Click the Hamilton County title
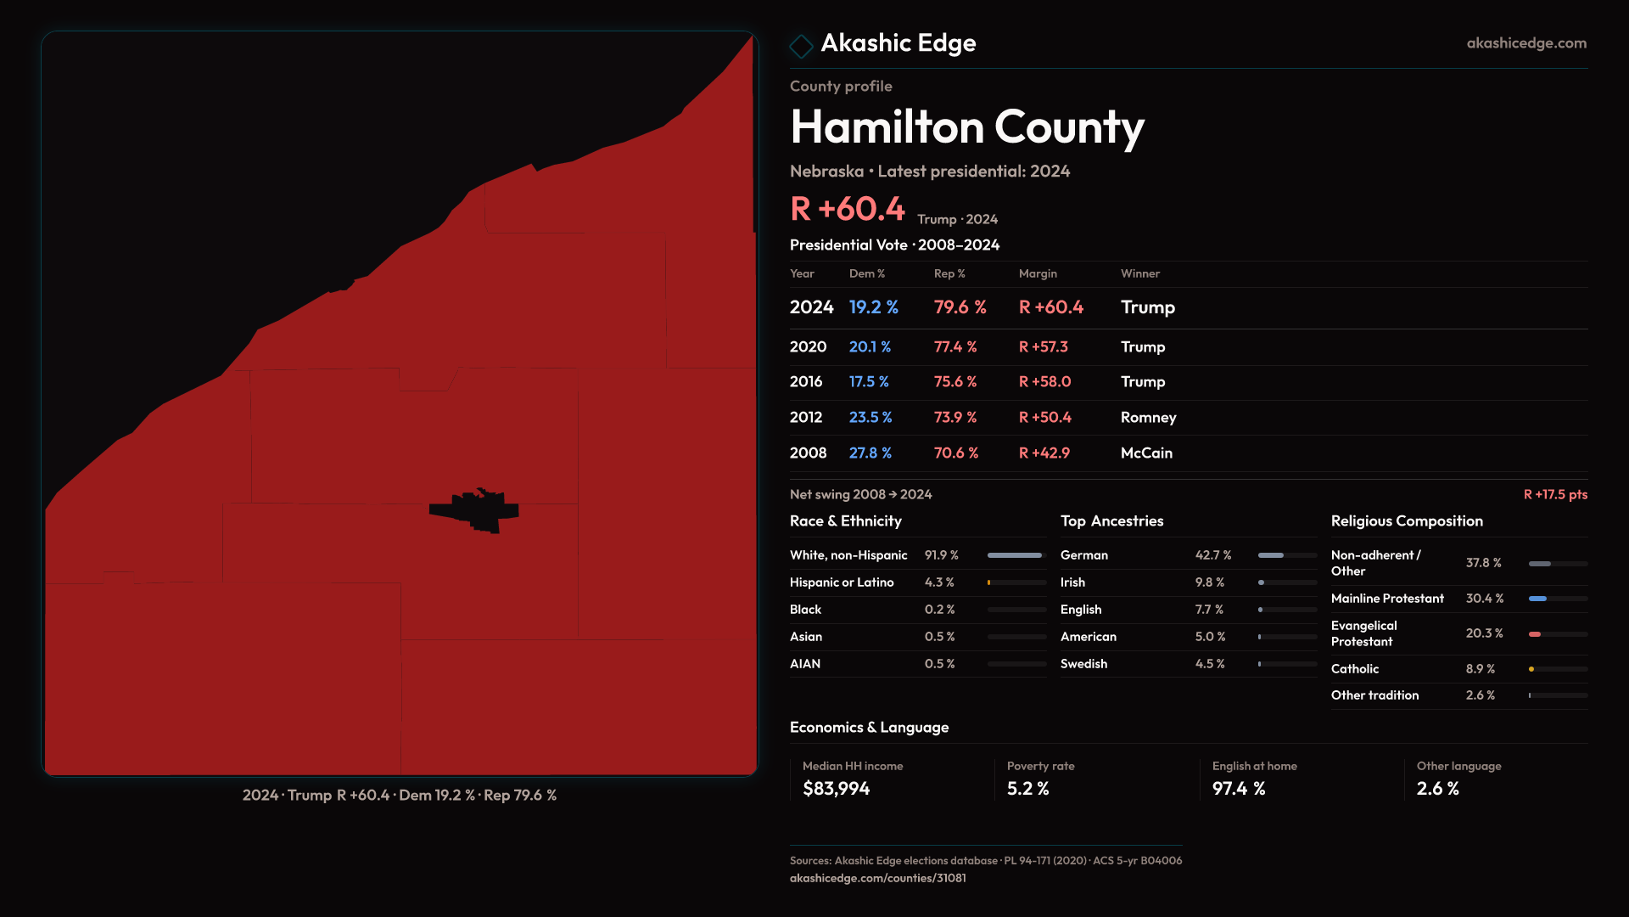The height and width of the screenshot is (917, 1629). (x=967, y=127)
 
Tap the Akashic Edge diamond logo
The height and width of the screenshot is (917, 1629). (x=801, y=46)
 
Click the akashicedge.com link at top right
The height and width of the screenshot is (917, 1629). (x=1526, y=43)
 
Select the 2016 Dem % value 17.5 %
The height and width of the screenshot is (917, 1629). (x=869, y=382)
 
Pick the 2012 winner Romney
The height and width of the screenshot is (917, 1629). (x=1148, y=418)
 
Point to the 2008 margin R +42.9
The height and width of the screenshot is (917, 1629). (x=1044, y=453)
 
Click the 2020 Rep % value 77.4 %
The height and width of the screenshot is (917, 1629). (x=955, y=347)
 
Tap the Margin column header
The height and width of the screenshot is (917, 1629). (x=1038, y=274)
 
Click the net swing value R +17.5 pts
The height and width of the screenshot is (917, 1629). (x=1555, y=495)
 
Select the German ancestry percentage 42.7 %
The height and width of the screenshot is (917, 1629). (x=1213, y=555)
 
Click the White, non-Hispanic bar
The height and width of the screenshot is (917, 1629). (x=1015, y=555)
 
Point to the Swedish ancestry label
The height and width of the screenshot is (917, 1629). (x=1083, y=664)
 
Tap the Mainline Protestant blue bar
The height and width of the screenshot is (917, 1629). (x=1537, y=599)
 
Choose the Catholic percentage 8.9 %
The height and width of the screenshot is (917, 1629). (x=1481, y=669)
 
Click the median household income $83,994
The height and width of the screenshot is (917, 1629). (x=836, y=789)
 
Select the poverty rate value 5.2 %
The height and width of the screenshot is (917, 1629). (x=1028, y=789)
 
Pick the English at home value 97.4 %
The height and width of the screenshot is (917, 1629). (x=1239, y=789)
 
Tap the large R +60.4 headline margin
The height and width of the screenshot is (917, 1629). (x=848, y=209)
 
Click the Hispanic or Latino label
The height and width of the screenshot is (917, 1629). (x=842, y=582)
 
